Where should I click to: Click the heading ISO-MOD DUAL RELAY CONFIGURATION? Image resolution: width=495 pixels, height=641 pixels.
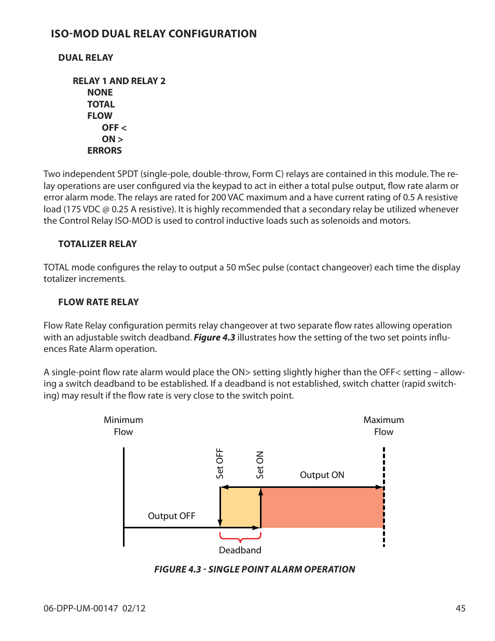(154, 34)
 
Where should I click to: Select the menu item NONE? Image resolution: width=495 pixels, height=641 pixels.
(100, 92)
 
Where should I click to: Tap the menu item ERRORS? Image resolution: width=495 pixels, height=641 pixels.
(104, 151)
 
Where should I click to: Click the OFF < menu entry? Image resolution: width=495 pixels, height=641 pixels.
(114, 128)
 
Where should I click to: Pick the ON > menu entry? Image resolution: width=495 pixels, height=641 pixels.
(112, 139)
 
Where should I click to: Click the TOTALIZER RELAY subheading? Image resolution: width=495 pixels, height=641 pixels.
(98, 244)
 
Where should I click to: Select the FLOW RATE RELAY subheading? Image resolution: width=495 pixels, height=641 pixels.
(99, 302)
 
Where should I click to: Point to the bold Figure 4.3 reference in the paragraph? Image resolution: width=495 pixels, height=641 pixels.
(214, 337)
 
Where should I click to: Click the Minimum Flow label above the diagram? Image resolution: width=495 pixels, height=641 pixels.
(123, 426)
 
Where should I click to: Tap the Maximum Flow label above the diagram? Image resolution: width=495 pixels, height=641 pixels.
(383, 426)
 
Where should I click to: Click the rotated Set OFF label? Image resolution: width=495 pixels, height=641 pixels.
(219, 463)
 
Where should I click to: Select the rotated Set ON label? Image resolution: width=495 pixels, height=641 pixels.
(260, 465)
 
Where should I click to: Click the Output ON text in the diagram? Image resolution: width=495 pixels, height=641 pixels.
(322, 475)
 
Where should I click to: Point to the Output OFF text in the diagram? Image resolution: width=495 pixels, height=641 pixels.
(171, 516)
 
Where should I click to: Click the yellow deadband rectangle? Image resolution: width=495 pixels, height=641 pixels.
(240, 507)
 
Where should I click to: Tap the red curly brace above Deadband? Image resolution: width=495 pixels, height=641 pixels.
(240, 537)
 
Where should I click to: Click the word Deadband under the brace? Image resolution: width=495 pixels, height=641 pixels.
(240, 550)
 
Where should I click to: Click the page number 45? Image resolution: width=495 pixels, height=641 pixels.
(460, 608)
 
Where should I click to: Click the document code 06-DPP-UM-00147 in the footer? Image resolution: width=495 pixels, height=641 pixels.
(81, 608)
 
